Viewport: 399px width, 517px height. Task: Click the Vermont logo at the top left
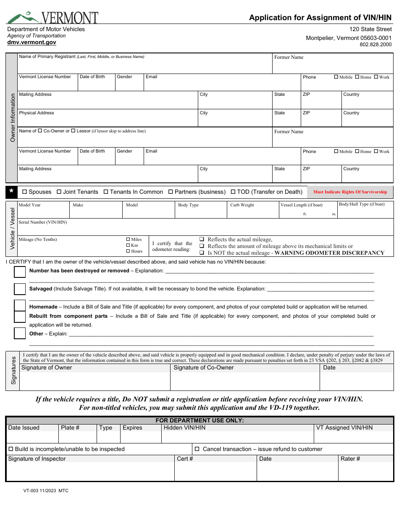pos(52,17)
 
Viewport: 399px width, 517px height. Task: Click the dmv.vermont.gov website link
pos(31,42)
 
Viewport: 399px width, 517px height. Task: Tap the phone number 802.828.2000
pos(375,45)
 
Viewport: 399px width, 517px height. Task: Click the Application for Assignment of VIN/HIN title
pos(320,18)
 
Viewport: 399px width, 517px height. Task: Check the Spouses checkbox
pos(24,192)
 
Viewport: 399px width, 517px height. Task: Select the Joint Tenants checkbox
pos(59,192)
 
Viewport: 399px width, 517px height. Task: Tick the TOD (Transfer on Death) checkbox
pos(233,192)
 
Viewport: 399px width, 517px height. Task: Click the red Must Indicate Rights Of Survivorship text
pos(350,192)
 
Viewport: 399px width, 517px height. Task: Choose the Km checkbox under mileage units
pos(128,245)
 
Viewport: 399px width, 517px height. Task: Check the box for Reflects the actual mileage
pos(202,239)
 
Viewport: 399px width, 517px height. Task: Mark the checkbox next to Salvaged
pos(20,289)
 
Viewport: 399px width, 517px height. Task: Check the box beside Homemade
pos(20,306)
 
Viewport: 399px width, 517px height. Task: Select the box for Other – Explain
pos(20,333)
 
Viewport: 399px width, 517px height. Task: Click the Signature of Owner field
pos(95,381)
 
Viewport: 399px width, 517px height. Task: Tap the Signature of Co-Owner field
pos(245,381)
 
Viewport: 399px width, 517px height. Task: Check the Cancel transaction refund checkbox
pos(197,449)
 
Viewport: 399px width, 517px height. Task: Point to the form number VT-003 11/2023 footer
pos(46,491)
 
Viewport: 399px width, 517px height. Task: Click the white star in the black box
pos(11,192)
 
